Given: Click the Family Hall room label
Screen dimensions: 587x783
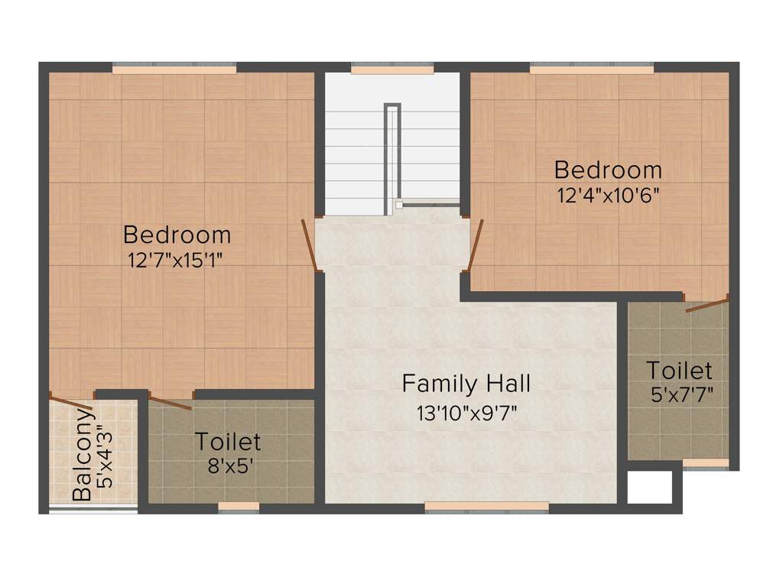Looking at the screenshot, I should point(466,383).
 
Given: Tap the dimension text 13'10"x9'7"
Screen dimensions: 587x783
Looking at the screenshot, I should point(467,413).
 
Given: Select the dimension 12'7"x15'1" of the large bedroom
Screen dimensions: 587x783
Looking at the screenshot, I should point(177,260).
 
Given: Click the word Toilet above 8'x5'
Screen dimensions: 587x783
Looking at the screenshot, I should point(228,442).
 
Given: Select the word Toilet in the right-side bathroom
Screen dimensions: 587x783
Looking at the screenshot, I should point(679,371).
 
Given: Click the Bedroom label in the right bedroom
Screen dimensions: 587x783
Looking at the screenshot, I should point(608,169).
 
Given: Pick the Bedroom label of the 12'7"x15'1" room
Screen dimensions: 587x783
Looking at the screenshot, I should point(177,234).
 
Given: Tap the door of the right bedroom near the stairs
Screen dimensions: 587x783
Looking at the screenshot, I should point(475,245).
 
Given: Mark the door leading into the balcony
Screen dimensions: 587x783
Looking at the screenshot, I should point(73,402).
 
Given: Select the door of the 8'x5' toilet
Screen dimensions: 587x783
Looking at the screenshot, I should point(171,404).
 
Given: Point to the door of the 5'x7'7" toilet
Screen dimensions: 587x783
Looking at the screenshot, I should point(707,306).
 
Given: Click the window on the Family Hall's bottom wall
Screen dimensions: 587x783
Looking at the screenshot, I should point(486,506).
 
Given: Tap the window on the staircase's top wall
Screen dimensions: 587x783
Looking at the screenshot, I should point(392,69).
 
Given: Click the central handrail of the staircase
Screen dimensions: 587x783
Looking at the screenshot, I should point(392,153).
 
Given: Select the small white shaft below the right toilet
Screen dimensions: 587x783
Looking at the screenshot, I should point(649,487).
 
